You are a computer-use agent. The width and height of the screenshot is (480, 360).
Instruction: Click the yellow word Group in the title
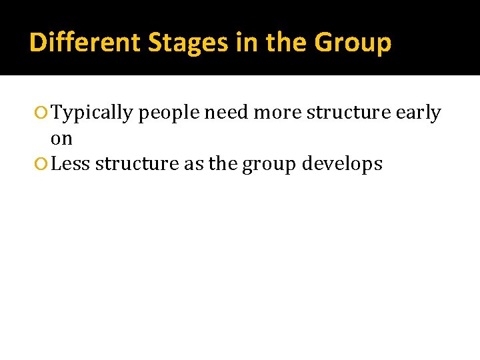tap(353, 43)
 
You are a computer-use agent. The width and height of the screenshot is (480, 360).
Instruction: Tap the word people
tap(169, 113)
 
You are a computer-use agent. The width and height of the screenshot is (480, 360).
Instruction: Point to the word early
tap(418, 113)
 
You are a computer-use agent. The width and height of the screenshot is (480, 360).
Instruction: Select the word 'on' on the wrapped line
tap(61, 139)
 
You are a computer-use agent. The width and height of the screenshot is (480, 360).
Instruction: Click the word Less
tap(71, 164)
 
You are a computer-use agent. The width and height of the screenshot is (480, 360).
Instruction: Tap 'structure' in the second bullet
tap(137, 164)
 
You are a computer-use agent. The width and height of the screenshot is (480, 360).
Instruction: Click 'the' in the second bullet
tap(223, 164)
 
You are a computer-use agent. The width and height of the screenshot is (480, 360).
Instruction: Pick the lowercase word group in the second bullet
tap(269, 165)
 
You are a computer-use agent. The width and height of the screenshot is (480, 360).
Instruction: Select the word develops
tap(342, 165)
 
